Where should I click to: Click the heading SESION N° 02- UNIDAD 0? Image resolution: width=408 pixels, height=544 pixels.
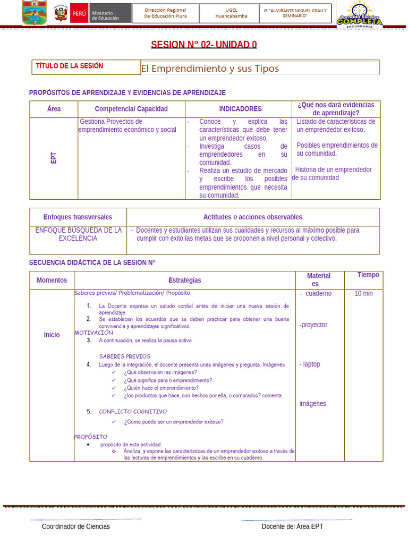coord(203,44)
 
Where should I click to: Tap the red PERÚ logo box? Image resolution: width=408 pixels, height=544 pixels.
coord(79,13)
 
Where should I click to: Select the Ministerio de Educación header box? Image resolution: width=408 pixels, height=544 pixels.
coord(110,14)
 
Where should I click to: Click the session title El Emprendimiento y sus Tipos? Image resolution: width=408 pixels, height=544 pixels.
coord(210,69)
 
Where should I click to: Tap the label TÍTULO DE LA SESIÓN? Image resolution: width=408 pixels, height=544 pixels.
coord(70,66)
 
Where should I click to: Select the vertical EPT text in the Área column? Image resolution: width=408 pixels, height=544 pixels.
coord(54,158)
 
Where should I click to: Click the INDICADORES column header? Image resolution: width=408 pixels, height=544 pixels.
coord(240,109)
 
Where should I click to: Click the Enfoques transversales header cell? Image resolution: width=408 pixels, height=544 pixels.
coord(78,217)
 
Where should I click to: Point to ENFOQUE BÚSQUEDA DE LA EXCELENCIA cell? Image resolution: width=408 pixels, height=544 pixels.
coord(79,234)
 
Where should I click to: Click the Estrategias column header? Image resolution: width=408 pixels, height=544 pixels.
coord(185,280)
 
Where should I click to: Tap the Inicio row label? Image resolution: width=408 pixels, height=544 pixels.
coord(52,335)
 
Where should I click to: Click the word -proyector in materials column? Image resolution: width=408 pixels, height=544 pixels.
coord(313,325)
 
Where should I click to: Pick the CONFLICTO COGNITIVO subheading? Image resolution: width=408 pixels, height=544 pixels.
coord(133,412)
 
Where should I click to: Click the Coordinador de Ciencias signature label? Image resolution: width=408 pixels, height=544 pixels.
coord(76,526)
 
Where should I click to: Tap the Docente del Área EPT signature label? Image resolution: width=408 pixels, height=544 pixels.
coord(292,526)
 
